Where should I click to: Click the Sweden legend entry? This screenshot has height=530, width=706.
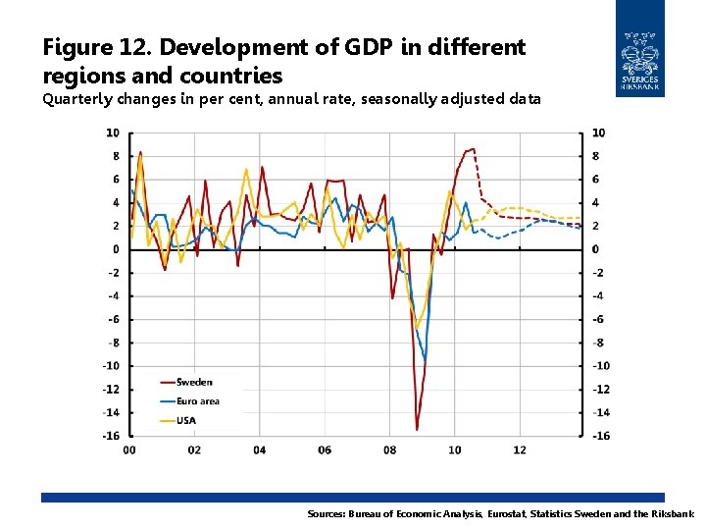[x=194, y=382]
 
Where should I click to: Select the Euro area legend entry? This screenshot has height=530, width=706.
[x=197, y=400]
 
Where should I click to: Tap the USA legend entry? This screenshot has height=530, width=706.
[x=186, y=420]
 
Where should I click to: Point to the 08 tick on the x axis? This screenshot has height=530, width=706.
[x=389, y=450]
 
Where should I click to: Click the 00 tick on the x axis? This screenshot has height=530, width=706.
[x=129, y=450]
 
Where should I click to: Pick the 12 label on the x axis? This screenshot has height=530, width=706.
[x=520, y=450]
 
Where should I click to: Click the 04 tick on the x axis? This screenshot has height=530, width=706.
[x=259, y=450]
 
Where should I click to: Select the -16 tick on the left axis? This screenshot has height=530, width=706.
[x=113, y=436]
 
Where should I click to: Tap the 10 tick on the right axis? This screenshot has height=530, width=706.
[x=598, y=132]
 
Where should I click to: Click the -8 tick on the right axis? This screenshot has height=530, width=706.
[x=598, y=343]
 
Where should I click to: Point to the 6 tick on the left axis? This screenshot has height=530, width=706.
[x=116, y=180]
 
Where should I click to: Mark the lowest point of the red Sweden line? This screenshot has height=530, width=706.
[x=417, y=429]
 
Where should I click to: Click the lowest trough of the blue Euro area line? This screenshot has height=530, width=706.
[x=425, y=359]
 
